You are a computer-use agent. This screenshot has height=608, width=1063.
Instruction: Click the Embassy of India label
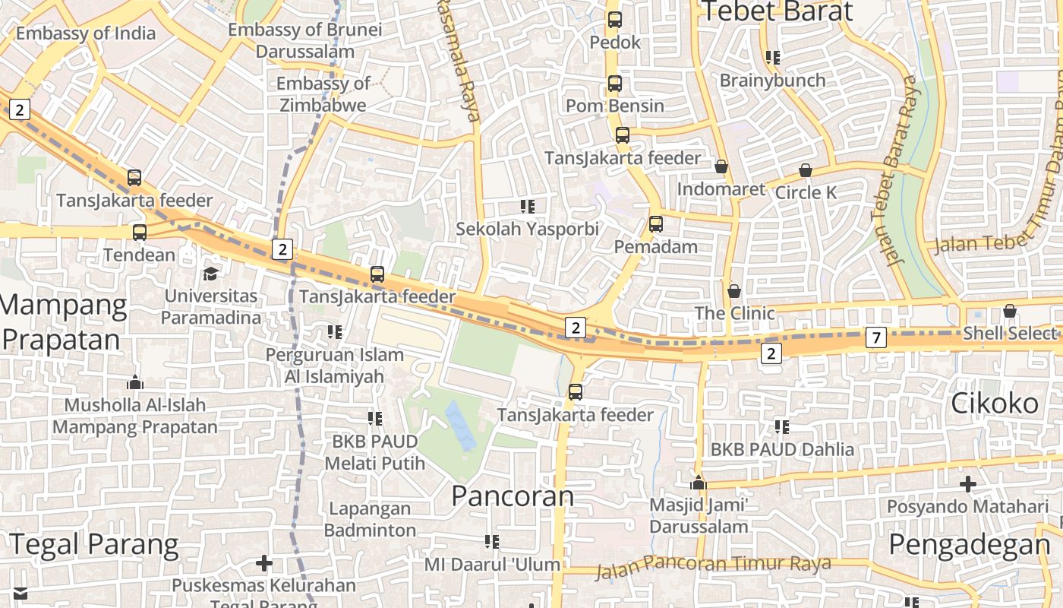click(85, 33)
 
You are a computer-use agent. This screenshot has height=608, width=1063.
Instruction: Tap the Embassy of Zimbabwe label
click(323, 94)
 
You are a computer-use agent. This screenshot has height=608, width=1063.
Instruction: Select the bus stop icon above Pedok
click(614, 20)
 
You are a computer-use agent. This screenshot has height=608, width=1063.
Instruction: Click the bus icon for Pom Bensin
click(614, 84)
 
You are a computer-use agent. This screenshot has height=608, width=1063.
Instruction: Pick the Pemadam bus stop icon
click(656, 224)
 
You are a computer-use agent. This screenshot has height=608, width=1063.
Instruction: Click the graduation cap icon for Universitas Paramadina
click(210, 274)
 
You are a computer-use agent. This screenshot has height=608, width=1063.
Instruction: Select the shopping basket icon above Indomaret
click(721, 166)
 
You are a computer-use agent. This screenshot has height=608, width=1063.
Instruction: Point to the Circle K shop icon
click(806, 171)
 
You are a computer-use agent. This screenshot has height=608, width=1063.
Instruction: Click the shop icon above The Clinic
click(734, 291)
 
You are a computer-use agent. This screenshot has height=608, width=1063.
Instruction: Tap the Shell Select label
click(1009, 333)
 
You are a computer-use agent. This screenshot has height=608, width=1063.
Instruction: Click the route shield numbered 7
click(876, 337)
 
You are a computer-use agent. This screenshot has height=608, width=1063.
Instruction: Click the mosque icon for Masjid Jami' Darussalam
click(699, 483)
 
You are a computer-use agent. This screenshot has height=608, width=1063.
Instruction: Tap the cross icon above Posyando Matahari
click(967, 483)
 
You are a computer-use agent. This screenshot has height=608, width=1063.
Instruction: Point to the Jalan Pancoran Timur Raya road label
click(713, 565)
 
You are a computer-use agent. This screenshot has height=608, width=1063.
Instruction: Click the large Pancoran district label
click(513, 496)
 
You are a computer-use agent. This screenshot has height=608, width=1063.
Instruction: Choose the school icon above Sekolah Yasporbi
click(528, 206)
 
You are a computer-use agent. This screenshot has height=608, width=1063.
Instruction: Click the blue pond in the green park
click(461, 426)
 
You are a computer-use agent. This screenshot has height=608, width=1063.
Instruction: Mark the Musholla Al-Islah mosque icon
click(135, 382)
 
